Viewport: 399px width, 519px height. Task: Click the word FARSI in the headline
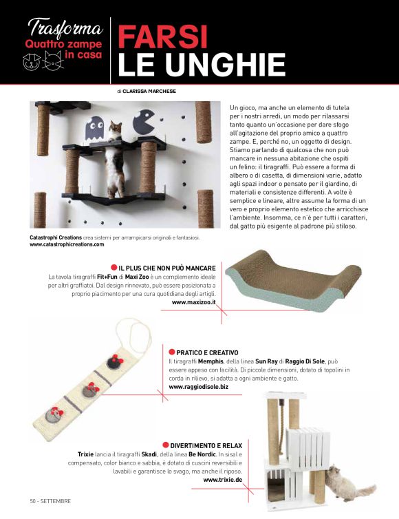[162, 36]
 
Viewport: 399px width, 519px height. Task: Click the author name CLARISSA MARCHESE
[149, 91]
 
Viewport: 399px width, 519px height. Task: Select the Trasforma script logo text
[65, 28]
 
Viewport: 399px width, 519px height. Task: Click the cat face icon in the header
[53, 61]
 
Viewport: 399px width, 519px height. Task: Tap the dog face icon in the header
[32, 62]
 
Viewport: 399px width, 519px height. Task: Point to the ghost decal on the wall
[95, 129]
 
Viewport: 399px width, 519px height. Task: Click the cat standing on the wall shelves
[114, 159]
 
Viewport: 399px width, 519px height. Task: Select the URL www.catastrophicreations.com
[67, 244]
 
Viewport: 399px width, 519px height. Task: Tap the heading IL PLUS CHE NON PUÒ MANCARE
[167, 268]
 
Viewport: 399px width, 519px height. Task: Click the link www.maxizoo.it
[193, 302]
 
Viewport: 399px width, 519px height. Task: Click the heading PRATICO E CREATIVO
[207, 353]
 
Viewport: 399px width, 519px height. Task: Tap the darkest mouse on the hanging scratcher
[115, 361]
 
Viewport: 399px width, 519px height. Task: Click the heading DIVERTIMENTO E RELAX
[206, 446]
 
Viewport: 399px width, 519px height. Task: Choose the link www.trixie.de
[223, 480]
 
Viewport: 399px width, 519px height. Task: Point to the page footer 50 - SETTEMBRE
[50, 501]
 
